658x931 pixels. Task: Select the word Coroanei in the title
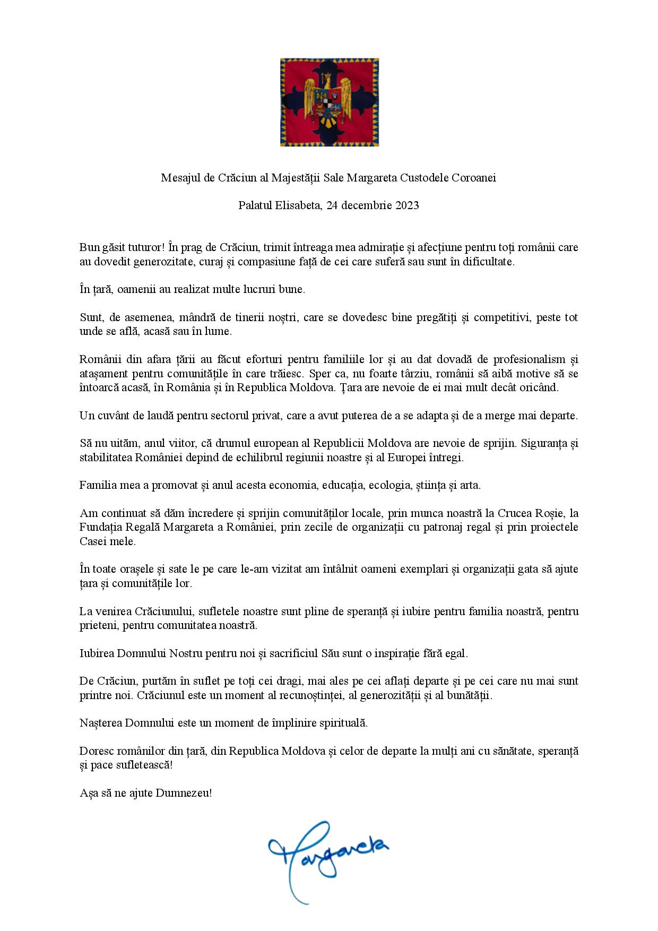pos(473,178)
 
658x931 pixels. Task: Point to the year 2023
pos(407,205)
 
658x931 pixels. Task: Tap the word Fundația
pos(99,527)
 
